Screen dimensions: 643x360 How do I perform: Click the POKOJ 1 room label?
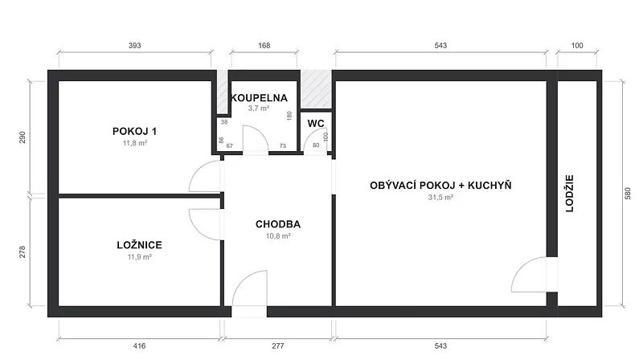pos(134,132)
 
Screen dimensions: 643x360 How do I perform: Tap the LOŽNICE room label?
pos(139,245)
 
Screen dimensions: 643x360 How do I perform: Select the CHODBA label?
pos(278,224)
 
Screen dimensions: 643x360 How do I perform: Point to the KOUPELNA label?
pos(259,98)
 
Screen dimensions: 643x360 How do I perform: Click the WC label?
pos(316,124)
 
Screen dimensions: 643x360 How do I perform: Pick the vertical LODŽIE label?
pos(570,194)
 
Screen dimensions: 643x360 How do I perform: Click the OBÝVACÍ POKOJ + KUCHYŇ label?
pos(440,186)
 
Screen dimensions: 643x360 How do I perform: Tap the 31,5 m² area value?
pos(440,197)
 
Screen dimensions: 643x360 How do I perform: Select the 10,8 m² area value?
pos(278,235)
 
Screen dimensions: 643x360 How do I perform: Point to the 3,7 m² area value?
pos(258,108)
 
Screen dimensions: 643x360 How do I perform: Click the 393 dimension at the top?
pos(134,46)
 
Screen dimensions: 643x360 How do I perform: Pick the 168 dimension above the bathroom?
pos(264,46)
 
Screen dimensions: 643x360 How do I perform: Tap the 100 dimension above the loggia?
pos(577,46)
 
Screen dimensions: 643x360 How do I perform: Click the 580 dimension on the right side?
pos(628,194)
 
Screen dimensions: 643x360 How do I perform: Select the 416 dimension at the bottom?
pos(139,346)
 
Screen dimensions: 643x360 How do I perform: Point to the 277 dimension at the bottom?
pos(277,346)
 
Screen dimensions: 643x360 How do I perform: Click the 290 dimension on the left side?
pos(23,137)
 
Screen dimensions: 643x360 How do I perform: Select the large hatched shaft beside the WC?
pos(316,89)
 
